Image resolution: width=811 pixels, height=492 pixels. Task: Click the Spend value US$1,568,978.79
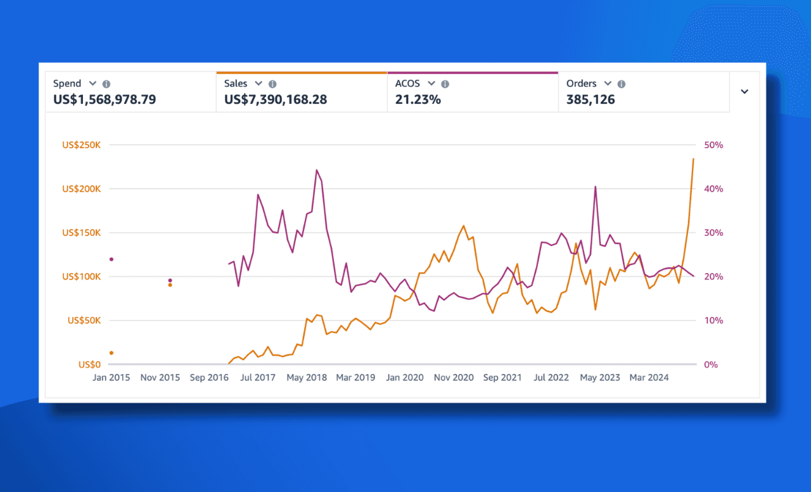[105, 100]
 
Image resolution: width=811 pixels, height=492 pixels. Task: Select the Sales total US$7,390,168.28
[276, 100]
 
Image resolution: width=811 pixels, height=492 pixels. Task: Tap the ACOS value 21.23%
[418, 100]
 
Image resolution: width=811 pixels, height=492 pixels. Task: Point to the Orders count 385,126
[591, 100]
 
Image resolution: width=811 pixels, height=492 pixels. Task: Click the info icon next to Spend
[106, 84]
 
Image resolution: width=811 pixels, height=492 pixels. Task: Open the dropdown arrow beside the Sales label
[259, 84]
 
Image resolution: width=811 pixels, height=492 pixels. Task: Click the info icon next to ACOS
[445, 84]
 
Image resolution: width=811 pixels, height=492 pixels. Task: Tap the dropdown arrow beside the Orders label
[608, 84]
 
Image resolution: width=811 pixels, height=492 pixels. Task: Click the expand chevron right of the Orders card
[744, 91]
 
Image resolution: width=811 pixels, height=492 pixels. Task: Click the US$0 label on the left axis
[89, 365]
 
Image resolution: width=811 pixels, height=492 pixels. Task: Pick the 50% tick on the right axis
[714, 145]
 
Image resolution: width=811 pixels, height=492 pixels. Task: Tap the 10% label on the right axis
[714, 321]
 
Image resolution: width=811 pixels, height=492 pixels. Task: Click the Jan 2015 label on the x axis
[111, 377]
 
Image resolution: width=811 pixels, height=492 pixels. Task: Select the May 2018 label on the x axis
[307, 377]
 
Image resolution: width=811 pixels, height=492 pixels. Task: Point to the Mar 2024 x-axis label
[649, 377]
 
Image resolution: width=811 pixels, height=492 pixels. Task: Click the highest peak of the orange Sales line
[693, 159]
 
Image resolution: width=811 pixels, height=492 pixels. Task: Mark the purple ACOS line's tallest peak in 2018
[317, 170]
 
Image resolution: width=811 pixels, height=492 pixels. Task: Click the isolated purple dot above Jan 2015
[112, 259]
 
